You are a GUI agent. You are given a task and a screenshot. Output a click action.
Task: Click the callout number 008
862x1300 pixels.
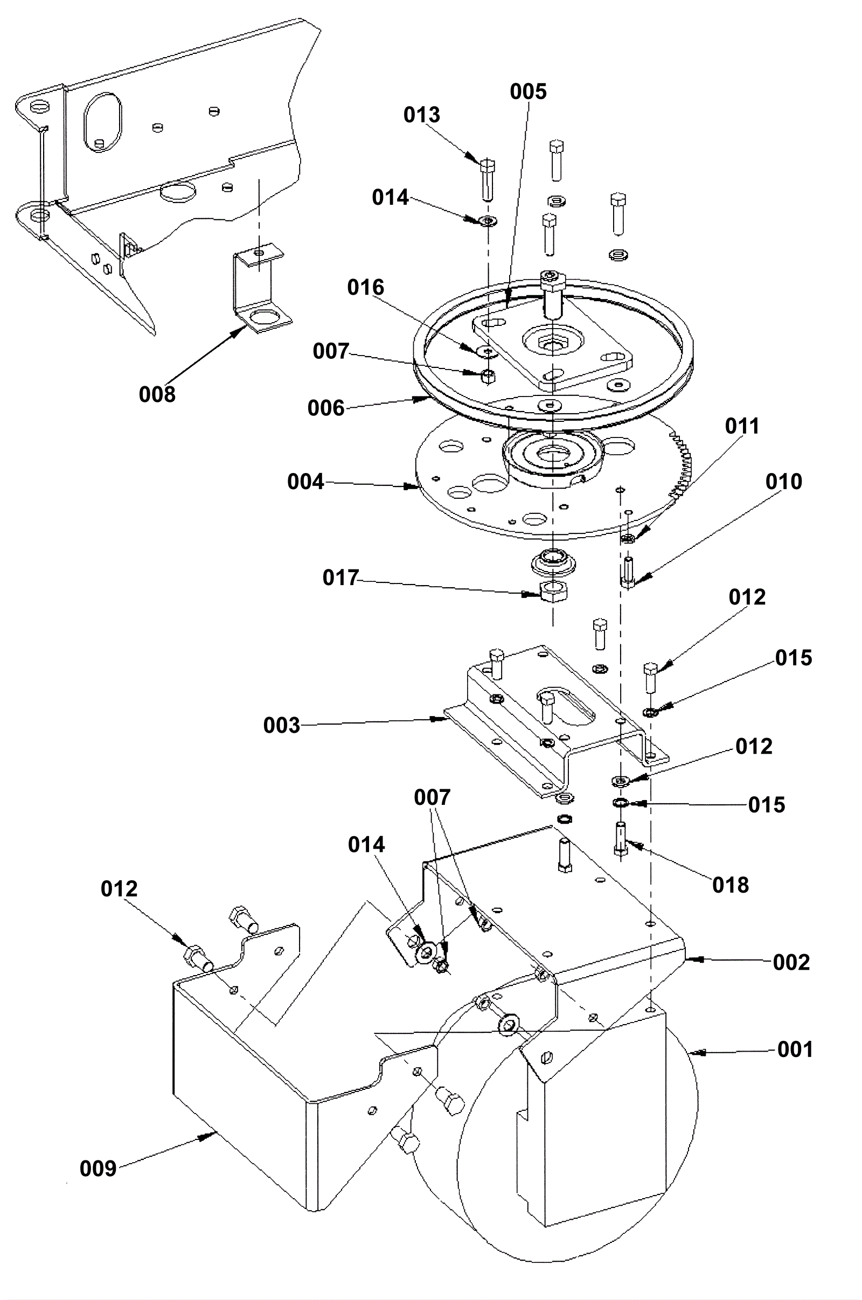[x=157, y=394]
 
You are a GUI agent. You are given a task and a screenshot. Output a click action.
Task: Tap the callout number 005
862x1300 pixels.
[x=528, y=91]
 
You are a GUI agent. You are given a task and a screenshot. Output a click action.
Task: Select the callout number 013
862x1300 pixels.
[x=422, y=115]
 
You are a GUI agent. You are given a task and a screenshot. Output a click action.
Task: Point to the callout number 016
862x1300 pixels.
[x=366, y=287]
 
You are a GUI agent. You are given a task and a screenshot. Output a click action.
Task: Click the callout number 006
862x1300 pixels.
[x=326, y=408]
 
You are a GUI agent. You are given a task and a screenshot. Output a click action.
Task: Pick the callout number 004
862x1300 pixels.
[x=305, y=482]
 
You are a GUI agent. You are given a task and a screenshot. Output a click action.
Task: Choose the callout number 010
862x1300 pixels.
[x=783, y=482]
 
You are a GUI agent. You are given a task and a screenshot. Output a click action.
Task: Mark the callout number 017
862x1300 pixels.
[x=341, y=578]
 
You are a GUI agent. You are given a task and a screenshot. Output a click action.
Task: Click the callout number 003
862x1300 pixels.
[x=281, y=725]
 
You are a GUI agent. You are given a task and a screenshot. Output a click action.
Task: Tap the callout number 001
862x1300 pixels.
[x=795, y=1049]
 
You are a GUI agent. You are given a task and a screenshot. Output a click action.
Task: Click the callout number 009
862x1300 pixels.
[x=98, y=1168]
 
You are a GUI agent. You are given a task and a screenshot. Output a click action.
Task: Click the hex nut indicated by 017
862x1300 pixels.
[x=554, y=592]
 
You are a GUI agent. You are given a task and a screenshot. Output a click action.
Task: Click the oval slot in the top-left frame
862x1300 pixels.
[x=103, y=123]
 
